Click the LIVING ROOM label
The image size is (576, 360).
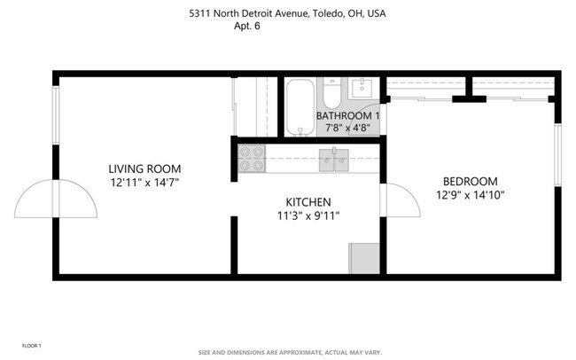pyautogui.click(x=144, y=168)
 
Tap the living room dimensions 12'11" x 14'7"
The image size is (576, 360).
pyautogui.click(x=144, y=182)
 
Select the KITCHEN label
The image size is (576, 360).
pyautogui.click(x=307, y=201)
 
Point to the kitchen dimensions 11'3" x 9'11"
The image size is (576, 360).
pyautogui.click(x=307, y=215)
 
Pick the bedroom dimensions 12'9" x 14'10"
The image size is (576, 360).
pyautogui.click(x=470, y=194)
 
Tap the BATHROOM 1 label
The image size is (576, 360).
pyautogui.click(x=347, y=115)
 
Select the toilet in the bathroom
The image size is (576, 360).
pyautogui.click(x=331, y=95)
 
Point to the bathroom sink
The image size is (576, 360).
pyautogui.click(x=362, y=88)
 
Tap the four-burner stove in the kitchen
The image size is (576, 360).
pyautogui.click(x=253, y=158)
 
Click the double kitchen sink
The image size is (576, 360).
pyautogui.click(x=335, y=160)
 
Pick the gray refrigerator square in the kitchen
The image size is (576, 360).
pyautogui.click(x=363, y=258)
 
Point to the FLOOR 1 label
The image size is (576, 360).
pyautogui.click(x=32, y=344)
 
